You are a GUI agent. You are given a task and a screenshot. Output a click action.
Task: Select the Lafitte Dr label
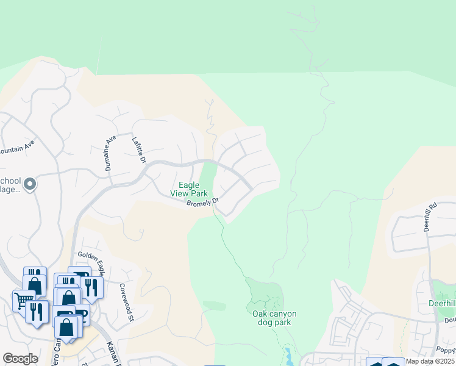pos(140,150)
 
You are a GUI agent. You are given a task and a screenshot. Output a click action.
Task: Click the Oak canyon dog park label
pos(274,318)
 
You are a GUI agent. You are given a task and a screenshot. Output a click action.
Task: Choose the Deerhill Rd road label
pos(431,217)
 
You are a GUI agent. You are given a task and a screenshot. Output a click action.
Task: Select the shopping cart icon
pos(23,300)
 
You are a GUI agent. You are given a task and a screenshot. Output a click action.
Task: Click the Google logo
pos(20,359)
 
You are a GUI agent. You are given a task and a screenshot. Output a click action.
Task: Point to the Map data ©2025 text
pos(430,361)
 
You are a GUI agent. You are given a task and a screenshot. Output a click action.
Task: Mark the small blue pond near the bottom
pos(287,353)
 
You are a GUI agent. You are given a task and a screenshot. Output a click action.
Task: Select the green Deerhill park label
pos(443,304)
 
